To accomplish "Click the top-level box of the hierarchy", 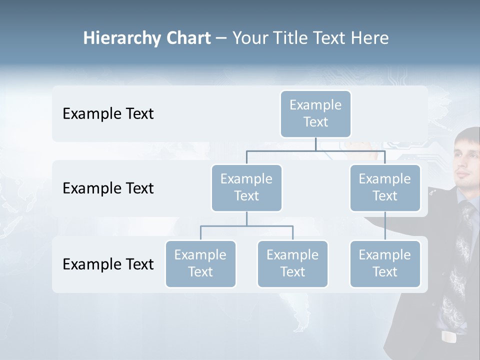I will pos(315,113).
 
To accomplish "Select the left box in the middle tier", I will pos(246,187).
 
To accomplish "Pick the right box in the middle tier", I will pos(385,187).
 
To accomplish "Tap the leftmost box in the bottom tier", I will pos(200,263).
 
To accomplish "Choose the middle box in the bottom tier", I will pos(292,263).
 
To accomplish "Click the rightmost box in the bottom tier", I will pos(385,263).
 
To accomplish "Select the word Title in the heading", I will pos(290,38).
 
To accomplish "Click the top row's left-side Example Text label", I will pos(108,114).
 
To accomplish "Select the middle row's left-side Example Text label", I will pos(108,188).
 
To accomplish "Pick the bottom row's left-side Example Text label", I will pos(108,264).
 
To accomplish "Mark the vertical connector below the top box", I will pos(315,144).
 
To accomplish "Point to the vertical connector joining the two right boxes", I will pos(385,226).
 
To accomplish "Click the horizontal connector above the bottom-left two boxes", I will pos(246,226).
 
